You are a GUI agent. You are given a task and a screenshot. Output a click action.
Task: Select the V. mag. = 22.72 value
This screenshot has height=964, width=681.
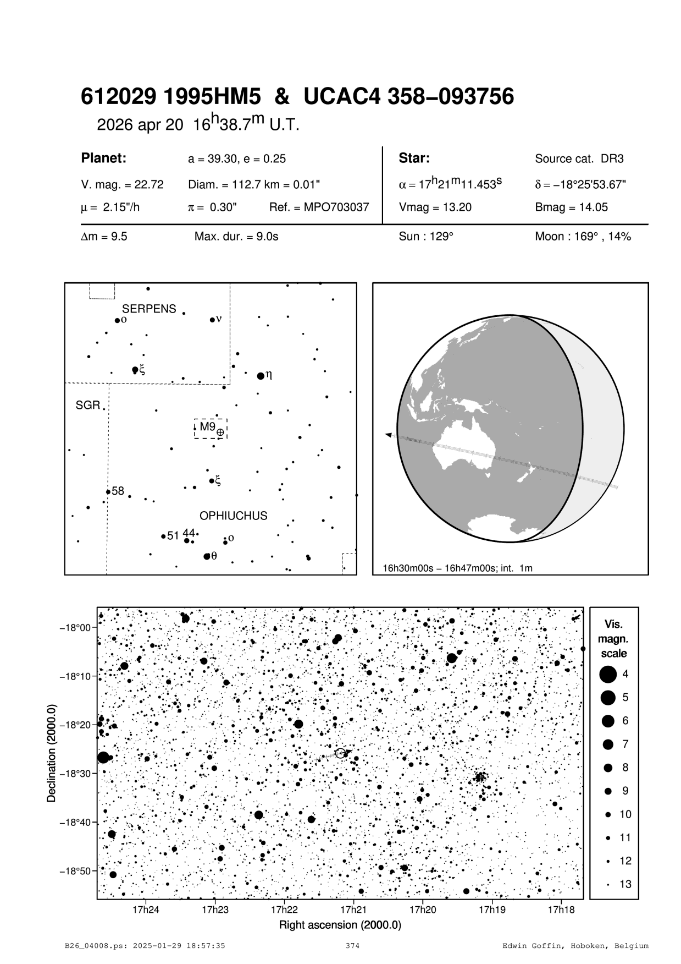[x=122, y=185]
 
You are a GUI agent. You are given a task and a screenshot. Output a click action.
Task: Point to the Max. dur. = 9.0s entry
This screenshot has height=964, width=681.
[x=236, y=237]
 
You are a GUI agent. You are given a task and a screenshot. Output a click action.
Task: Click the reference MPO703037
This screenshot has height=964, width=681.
[x=319, y=207]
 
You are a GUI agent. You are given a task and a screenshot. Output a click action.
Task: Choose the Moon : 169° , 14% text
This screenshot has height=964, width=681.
[x=583, y=237]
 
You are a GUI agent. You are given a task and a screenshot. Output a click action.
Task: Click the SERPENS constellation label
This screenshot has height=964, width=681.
[x=149, y=309]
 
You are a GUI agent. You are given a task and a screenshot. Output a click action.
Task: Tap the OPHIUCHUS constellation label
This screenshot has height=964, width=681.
[x=233, y=516]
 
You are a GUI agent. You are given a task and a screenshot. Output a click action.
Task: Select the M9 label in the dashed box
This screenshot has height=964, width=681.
[x=207, y=426]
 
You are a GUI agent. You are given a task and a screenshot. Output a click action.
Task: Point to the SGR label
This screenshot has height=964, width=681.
[x=88, y=406]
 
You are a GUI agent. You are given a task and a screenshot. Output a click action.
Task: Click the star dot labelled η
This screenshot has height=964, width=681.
[x=261, y=376]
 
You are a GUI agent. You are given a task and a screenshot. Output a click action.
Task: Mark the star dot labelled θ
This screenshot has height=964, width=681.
[x=207, y=556]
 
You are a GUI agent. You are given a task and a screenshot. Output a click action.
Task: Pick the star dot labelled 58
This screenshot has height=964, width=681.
[x=108, y=492]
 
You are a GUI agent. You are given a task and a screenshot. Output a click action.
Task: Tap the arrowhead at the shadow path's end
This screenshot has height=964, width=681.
[x=389, y=435]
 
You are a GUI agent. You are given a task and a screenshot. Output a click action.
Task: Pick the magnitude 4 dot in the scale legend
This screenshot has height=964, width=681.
[x=607, y=674]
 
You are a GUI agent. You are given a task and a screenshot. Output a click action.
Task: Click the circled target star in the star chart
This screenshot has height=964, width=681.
[x=341, y=753]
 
